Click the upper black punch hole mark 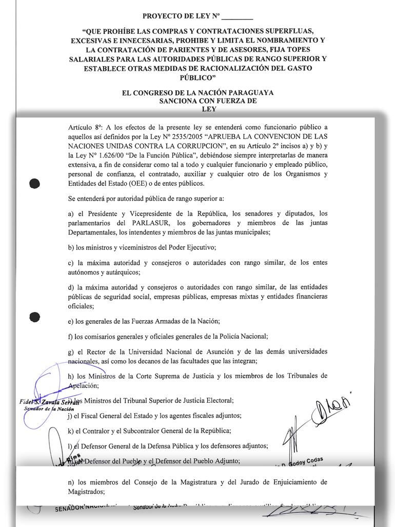click(35, 183)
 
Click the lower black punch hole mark click(35, 317)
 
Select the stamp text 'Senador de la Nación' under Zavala click(49, 409)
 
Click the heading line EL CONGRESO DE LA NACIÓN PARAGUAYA click(197, 93)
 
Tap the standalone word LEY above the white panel click(209, 109)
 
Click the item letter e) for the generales click(71, 322)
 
